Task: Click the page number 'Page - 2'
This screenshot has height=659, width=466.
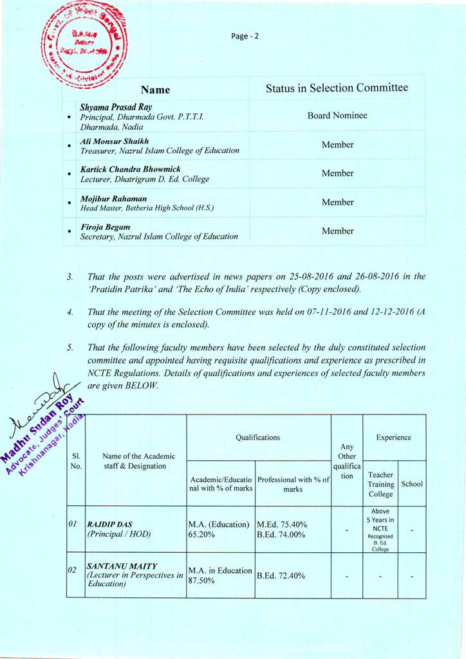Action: (x=245, y=36)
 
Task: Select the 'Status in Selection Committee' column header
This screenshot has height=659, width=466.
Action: (x=337, y=88)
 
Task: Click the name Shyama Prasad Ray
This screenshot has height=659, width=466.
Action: (x=116, y=107)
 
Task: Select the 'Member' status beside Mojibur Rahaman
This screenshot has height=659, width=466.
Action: (x=337, y=202)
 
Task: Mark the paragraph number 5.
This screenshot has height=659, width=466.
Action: (x=70, y=348)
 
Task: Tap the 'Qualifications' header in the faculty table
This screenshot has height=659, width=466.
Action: (x=258, y=438)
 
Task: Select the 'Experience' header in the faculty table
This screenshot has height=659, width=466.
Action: (x=393, y=438)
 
